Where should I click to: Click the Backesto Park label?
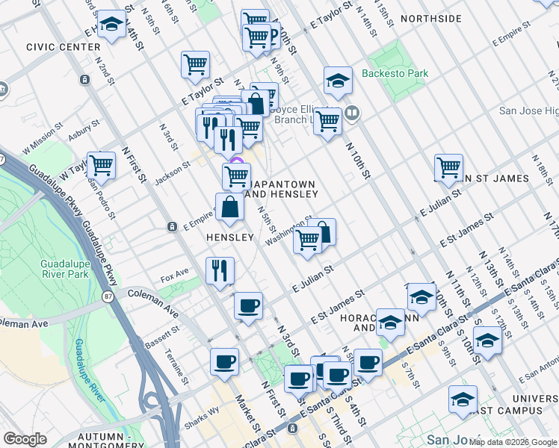pyautogui.click(x=395, y=74)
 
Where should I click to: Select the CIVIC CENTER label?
pyautogui.click(x=63, y=47)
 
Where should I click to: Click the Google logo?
pyautogui.click(x=25, y=439)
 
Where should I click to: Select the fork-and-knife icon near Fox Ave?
pyautogui.click(x=220, y=270)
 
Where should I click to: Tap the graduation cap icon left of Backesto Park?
pyautogui.click(x=338, y=81)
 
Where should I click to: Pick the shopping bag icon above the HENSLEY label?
pyautogui.click(x=229, y=207)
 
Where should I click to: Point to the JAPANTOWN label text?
pyautogui.click(x=283, y=184)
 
